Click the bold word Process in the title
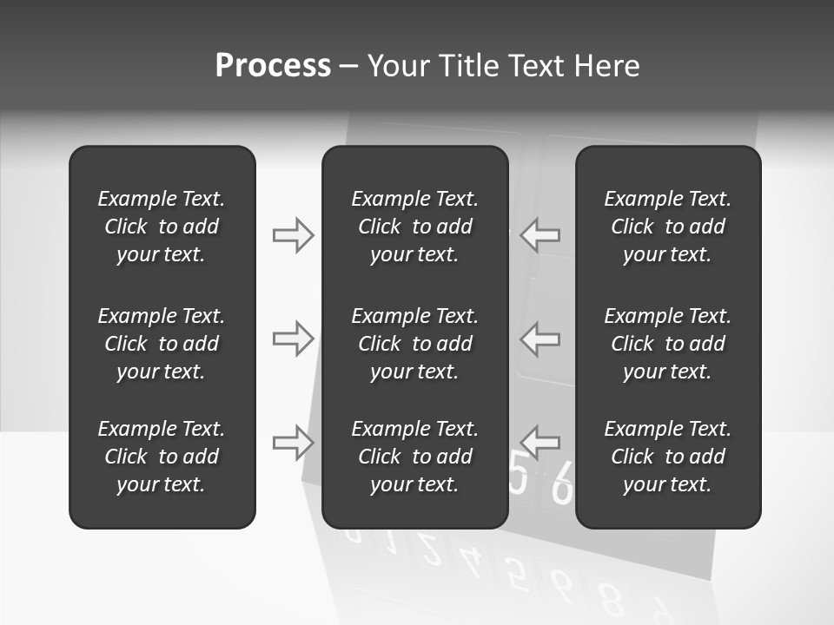pos(273,66)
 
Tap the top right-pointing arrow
pos(293,235)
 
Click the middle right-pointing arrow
pos(293,339)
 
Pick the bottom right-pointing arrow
pos(293,443)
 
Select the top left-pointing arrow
pos(540,235)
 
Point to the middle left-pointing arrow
pos(540,339)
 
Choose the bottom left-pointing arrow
pos(540,443)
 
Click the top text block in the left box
pos(162,227)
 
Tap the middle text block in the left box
pos(162,344)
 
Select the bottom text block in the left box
pos(162,457)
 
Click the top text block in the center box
pos(414,227)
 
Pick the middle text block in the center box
pos(414,344)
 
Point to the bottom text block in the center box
pos(414,457)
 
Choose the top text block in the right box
pos(668,227)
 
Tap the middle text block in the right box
pos(668,344)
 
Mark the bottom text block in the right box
pos(668,457)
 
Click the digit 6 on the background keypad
pos(562,485)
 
